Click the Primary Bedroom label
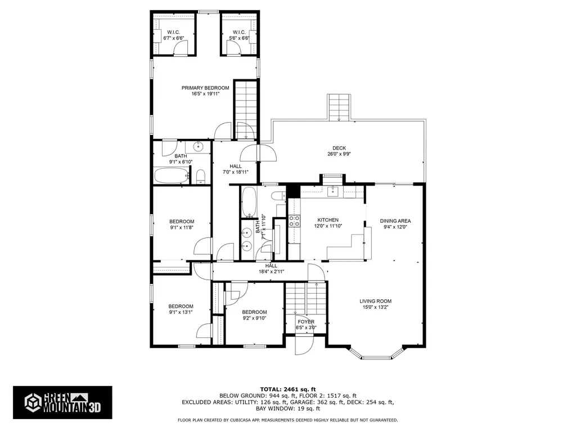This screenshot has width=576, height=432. pyautogui.click(x=205, y=88)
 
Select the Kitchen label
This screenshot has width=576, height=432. pyautogui.click(x=328, y=220)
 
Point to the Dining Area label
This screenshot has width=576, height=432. pyautogui.click(x=395, y=221)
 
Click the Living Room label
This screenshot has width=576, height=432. pyautogui.click(x=375, y=301)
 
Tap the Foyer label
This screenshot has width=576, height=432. pyautogui.click(x=306, y=322)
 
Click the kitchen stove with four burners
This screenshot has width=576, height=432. pyautogui.click(x=294, y=220)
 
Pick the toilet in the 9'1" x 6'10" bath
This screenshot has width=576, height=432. pyautogui.click(x=201, y=179)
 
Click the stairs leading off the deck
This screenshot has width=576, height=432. pyautogui.click(x=339, y=107)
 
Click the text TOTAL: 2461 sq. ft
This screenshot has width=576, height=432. pyautogui.click(x=287, y=389)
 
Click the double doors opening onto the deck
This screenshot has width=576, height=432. pyautogui.click(x=258, y=153)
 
